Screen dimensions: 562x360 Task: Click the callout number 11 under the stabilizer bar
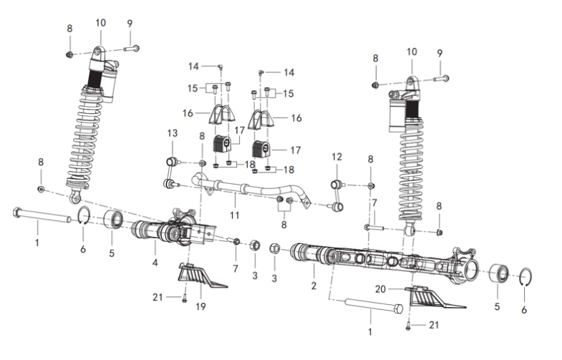click(x=234, y=215)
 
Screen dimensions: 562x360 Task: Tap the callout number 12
click(x=336, y=157)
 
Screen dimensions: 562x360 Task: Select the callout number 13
click(x=172, y=133)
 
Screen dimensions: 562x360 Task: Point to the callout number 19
click(x=200, y=306)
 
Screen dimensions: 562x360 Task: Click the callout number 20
click(x=380, y=288)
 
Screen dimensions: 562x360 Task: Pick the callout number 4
click(x=155, y=263)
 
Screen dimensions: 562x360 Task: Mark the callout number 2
click(x=314, y=286)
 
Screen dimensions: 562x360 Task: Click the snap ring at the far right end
click(x=525, y=277)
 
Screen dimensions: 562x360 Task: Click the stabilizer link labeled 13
click(x=171, y=172)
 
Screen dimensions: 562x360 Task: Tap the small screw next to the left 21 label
click(x=185, y=298)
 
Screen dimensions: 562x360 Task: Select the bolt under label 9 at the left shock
click(x=132, y=48)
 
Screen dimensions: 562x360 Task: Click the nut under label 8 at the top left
click(x=70, y=54)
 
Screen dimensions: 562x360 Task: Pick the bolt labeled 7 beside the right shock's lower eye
click(x=374, y=227)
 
